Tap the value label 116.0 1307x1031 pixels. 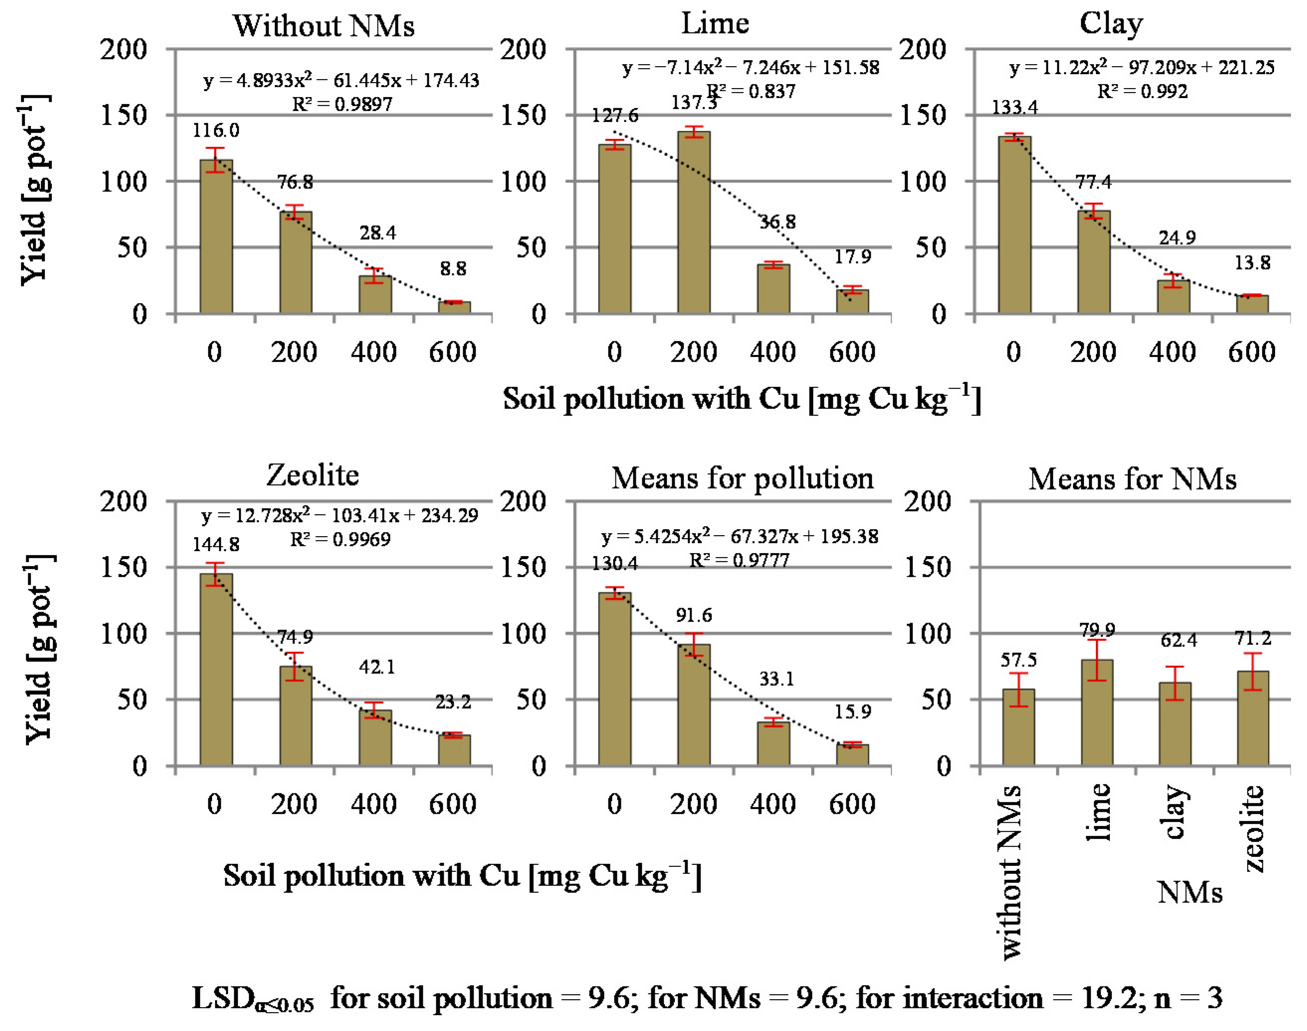tap(215, 130)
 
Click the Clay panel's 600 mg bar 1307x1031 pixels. tap(1252, 304)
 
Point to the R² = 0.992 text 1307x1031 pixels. tap(1142, 92)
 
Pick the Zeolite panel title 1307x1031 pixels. tap(313, 475)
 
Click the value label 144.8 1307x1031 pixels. tap(215, 545)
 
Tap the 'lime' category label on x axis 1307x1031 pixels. tap(1098, 812)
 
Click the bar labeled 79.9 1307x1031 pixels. tap(1097, 712)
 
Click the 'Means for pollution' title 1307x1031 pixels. tap(742, 478)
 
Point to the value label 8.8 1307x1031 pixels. tap(453, 269)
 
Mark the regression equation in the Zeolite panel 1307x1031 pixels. tap(339, 515)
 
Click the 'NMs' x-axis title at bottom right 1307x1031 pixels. tap(1189, 892)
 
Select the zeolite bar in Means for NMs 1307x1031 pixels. tap(1253, 718)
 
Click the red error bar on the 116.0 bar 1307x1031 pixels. tap(215, 160)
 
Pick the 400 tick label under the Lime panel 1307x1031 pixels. tap(773, 353)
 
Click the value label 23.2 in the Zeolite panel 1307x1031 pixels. tap(453, 702)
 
